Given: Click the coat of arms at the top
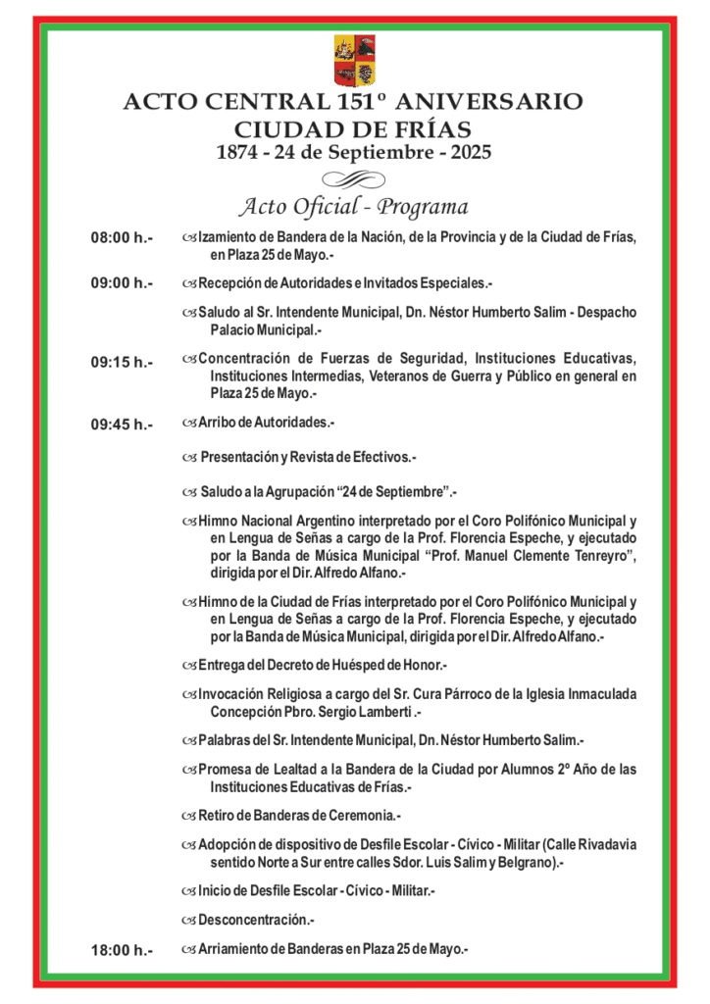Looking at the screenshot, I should (354, 60).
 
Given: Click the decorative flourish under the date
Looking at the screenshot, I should (354, 177).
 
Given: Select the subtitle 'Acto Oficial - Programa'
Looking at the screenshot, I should (354, 207).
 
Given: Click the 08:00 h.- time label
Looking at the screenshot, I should (122, 238).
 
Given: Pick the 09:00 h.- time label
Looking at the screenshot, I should (122, 283).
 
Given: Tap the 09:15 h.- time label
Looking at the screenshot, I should (122, 362).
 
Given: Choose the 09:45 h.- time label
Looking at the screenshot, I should (122, 425).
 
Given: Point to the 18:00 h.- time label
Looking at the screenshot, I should (122, 949).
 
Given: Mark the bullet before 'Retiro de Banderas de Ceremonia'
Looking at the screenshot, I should (189, 815).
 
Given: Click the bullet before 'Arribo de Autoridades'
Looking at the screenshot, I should (189, 423).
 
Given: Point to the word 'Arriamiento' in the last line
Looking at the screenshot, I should (234, 948).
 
